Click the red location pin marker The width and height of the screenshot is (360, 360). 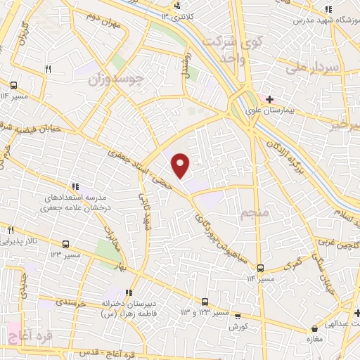click(181, 165)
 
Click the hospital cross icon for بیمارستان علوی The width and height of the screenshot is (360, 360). click(269, 99)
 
